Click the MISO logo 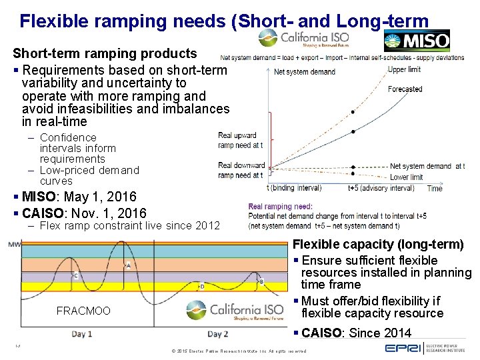coord(417,41)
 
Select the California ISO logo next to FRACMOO coord(235,310)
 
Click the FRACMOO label coord(83,311)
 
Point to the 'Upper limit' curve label coord(404,69)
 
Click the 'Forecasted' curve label coord(405,89)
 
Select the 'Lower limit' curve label coord(407,177)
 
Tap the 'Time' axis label coord(435,189)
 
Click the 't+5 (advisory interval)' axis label coord(381,188)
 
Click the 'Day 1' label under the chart coord(82,333)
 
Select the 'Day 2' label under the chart coord(217,333)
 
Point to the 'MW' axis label coord(14,245)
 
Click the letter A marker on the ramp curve coord(128,265)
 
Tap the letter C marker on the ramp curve coord(75,275)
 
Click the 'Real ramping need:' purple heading coord(280,207)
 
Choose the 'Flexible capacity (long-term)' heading coord(378,245)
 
